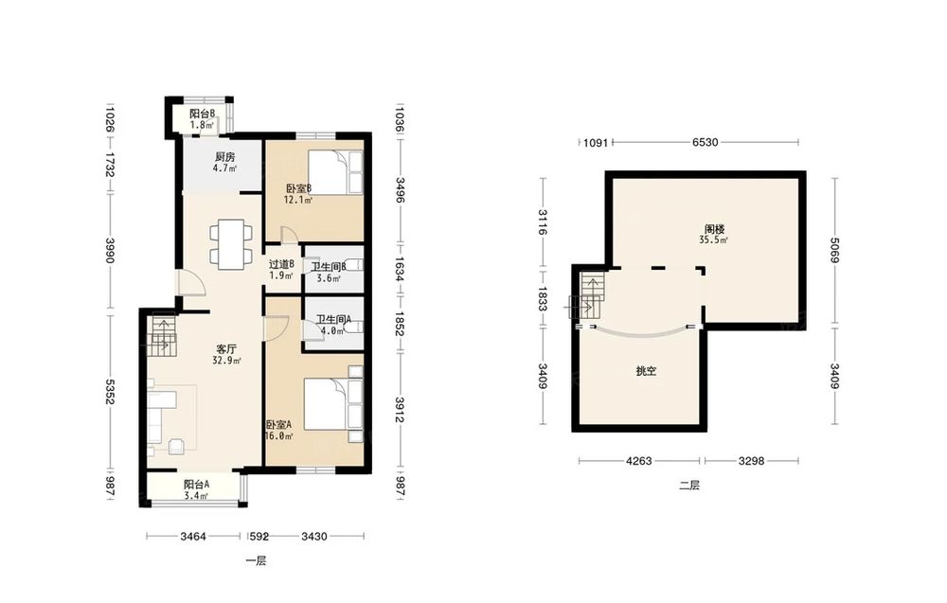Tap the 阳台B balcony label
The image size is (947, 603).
tap(203, 114)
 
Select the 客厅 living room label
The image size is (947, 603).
tap(226, 349)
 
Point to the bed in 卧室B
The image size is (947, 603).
tap(336, 172)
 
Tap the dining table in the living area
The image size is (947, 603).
tap(231, 244)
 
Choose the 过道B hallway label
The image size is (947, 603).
tap(281, 264)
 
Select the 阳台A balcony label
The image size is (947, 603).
tap(196, 484)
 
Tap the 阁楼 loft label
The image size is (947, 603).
tap(714, 229)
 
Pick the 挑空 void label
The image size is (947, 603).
tap(646, 371)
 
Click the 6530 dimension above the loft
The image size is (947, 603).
tap(705, 142)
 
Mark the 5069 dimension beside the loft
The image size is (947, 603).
tap(834, 250)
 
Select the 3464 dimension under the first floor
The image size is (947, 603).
tap(193, 536)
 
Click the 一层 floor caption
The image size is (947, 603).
tap(256, 561)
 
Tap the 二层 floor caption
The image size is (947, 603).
tap(689, 486)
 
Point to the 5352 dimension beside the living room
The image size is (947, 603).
tap(109, 392)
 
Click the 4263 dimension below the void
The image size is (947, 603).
tap(638, 461)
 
